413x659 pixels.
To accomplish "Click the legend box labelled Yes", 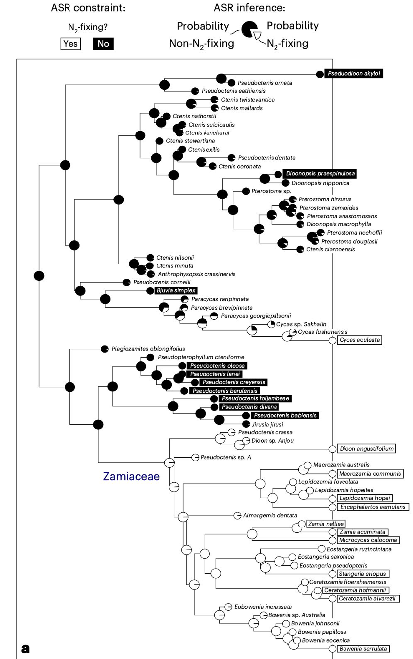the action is [70, 44].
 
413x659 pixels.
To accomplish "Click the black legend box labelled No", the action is [103, 44].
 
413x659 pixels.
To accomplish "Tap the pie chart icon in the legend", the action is [251, 30].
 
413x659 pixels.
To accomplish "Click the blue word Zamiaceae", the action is [131, 476].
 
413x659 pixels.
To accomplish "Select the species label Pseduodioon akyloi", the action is [354, 73].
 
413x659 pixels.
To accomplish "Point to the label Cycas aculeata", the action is [360, 340].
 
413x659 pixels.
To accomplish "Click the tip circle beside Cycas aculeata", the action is [333, 341].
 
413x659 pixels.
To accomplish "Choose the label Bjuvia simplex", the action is [176, 291].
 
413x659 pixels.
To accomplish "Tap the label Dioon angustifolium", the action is [366, 449].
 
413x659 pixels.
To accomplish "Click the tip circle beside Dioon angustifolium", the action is [333, 449].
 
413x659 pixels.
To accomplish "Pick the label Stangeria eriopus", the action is [362, 573].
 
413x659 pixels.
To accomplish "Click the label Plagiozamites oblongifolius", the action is [148, 349].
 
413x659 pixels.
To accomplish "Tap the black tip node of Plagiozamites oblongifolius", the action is [105, 349].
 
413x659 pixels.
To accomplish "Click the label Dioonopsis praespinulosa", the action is [320, 174].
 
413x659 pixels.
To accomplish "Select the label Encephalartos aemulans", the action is [373, 507].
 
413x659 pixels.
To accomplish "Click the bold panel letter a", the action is [25, 648].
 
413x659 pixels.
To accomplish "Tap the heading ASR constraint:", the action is [88, 8].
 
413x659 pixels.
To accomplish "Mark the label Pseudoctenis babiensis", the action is [285, 415].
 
